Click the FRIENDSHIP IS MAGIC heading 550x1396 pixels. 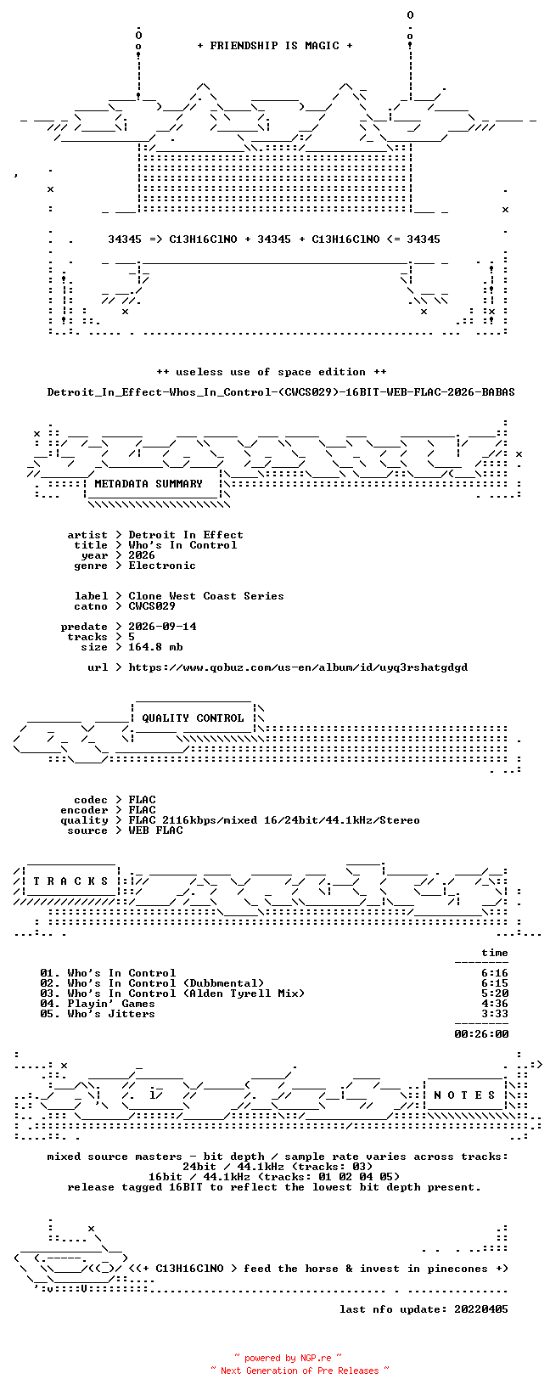[x=275, y=46]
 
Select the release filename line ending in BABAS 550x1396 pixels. [x=281, y=392]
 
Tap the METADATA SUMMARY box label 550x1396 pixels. [x=149, y=484]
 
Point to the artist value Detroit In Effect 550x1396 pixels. [x=186, y=535]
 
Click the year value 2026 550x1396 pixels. [x=142, y=555]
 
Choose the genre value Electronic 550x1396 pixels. [x=162, y=566]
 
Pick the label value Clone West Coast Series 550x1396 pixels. [x=206, y=596]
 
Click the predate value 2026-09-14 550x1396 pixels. [x=162, y=627]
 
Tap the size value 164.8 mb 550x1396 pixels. [x=155, y=647]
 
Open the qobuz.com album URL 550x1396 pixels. [x=298, y=667]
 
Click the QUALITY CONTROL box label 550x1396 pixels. [x=193, y=718]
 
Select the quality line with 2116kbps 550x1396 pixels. [x=274, y=820]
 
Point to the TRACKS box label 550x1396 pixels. [x=70, y=881]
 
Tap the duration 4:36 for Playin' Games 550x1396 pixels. [x=495, y=1004]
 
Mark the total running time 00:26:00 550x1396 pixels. [x=481, y=1034]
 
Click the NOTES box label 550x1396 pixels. [x=464, y=1095]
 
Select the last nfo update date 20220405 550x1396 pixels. [x=481, y=1309]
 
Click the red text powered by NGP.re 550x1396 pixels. [x=288, y=1358]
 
